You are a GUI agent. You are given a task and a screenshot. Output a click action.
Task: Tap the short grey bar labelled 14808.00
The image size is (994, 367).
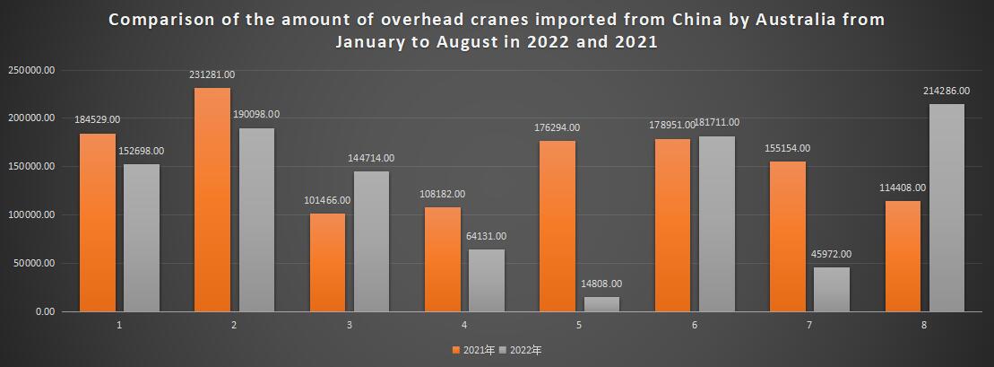pos(601,304)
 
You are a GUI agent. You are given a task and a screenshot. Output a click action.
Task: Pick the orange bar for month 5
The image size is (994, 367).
pos(558,225)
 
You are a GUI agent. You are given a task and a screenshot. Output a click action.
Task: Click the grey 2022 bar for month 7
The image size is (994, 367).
pos(831,289)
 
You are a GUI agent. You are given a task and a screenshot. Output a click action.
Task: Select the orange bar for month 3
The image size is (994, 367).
pos(328,261)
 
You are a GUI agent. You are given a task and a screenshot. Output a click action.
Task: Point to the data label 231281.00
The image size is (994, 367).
pos(212,74)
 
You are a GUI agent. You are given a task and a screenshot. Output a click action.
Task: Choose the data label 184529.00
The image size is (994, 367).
pos(98,119)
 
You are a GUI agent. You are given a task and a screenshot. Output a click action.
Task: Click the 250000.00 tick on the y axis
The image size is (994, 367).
pos(31,70)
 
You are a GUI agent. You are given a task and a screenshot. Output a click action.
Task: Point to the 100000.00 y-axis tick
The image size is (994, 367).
pos(31,215)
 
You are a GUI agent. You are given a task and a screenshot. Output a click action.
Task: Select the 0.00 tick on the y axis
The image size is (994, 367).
pos(44,312)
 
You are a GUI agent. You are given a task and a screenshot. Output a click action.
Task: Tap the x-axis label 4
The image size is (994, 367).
pos(463,324)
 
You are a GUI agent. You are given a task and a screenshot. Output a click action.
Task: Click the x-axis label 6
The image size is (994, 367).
pos(694,324)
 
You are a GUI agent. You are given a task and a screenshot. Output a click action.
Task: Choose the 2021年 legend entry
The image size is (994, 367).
pos(476,350)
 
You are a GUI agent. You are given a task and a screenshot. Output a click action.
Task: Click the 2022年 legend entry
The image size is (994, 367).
pos(525,350)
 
